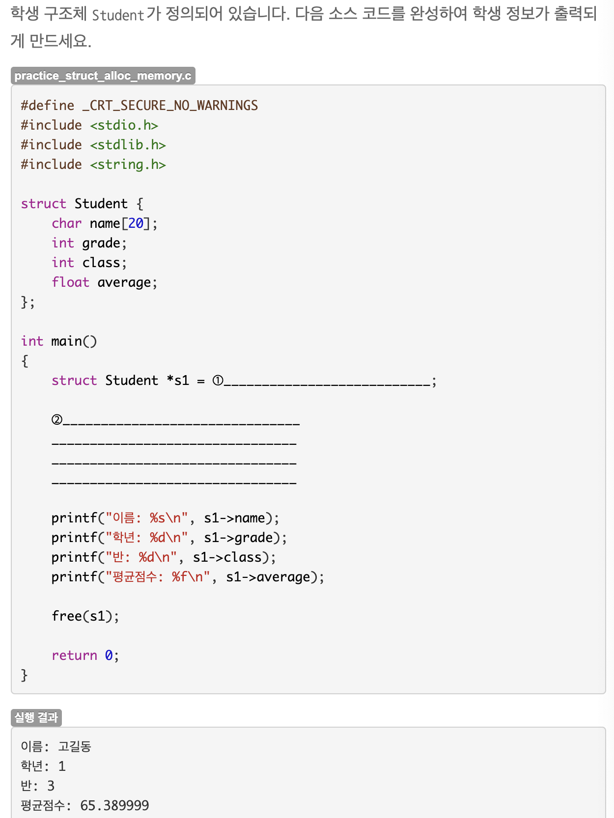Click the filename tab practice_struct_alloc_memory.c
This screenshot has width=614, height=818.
pos(103,76)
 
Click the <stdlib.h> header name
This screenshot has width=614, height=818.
pos(128,145)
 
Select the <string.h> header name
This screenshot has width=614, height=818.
pos(128,164)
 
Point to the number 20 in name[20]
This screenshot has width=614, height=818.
pos(136,223)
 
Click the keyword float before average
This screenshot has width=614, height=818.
pos(70,282)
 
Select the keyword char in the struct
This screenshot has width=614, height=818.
pos(66,223)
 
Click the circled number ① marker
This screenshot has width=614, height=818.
pos(218,381)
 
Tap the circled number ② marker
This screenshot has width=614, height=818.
pos(57,420)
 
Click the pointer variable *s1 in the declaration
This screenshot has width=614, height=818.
pos(178,381)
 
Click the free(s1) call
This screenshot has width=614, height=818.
pos(85,616)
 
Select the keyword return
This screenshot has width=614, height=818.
pos(74,655)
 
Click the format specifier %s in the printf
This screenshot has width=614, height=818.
pos(158,518)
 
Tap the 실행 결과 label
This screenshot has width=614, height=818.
pos(36,717)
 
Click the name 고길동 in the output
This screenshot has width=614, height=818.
pos(75,747)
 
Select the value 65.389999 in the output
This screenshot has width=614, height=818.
pos(114,806)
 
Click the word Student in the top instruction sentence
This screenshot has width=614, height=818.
pos(118,15)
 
